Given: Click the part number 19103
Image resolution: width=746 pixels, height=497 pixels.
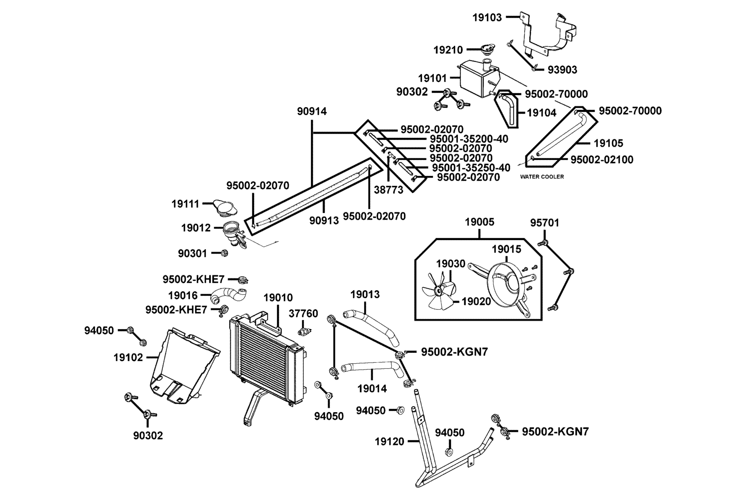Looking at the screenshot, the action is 487,17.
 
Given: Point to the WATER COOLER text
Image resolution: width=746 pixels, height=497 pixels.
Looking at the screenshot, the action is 542,177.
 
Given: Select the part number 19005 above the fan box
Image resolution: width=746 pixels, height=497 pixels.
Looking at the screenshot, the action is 480,222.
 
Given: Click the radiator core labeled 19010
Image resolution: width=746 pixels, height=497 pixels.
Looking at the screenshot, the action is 265,360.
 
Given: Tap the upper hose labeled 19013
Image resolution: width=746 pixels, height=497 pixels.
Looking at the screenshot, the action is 371,327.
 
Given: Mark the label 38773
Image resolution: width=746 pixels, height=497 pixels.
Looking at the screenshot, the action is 388,190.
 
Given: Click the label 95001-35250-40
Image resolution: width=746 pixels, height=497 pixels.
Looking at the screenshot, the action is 471,168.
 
